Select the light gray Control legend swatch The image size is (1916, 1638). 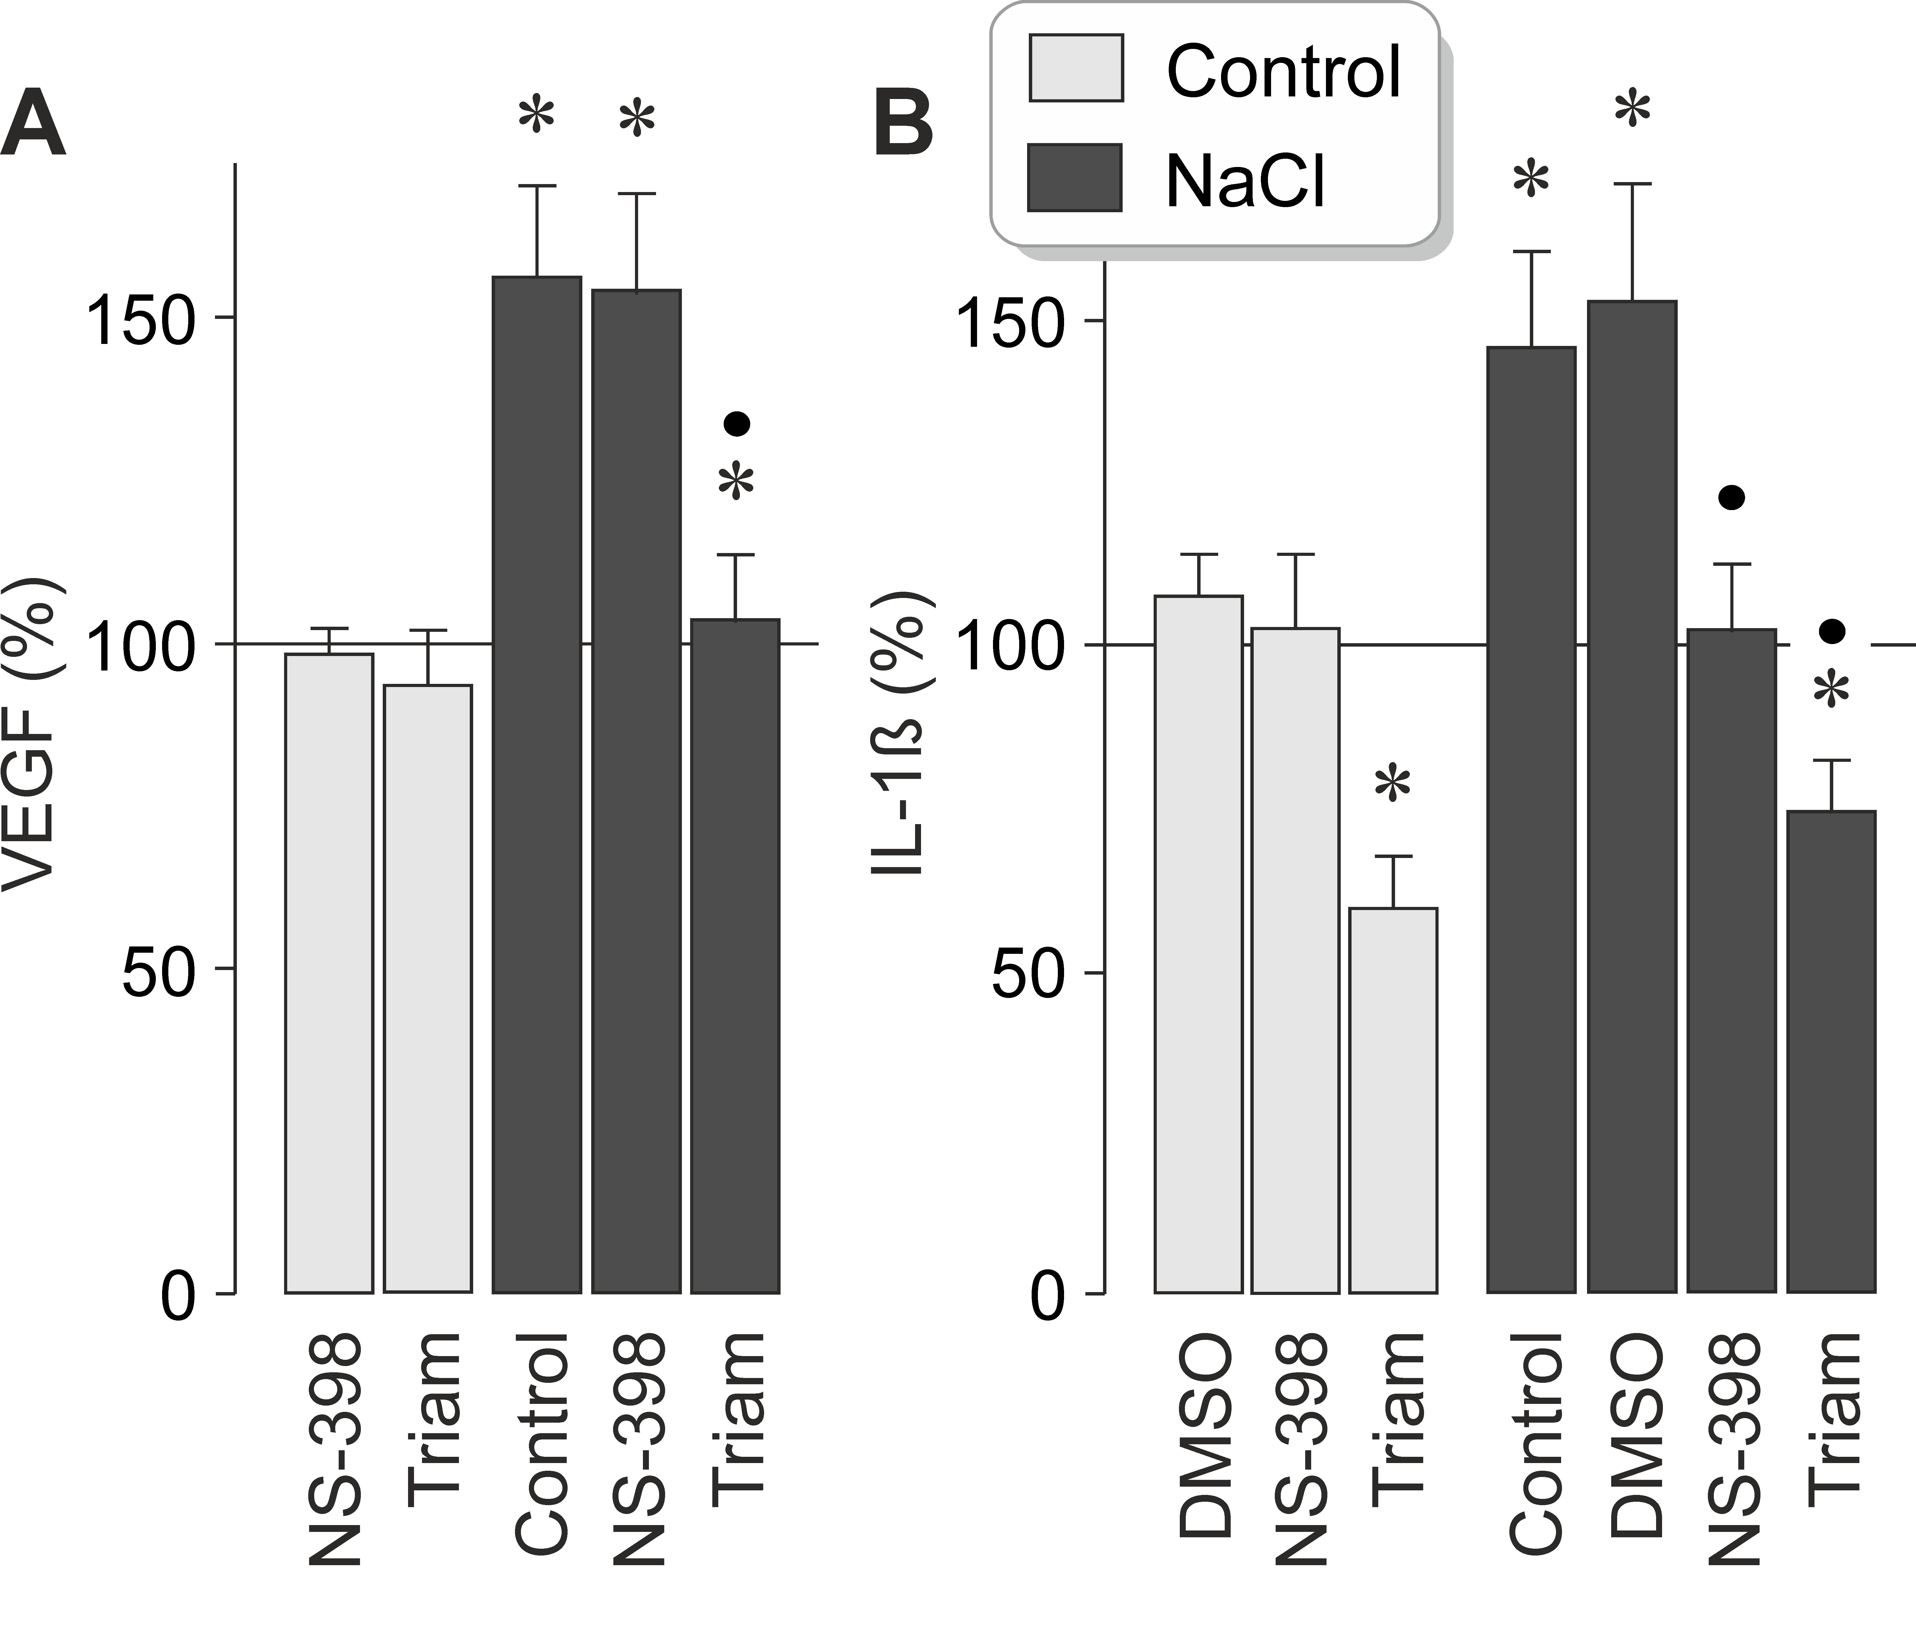pyautogui.click(x=1075, y=67)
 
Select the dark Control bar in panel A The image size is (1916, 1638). pyautogui.click(x=536, y=786)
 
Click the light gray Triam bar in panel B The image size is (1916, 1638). pyautogui.click(x=1392, y=1101)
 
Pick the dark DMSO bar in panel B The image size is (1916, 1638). pyautogui.click(x=1632, y=795)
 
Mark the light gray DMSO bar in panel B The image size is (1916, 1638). pyautogui.click(x=1199, y=943)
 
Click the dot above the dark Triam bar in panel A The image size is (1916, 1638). pyautogui.click(x=737, y=424)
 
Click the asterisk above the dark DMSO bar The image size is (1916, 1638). pyautogui.click(x=1632, y=109)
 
